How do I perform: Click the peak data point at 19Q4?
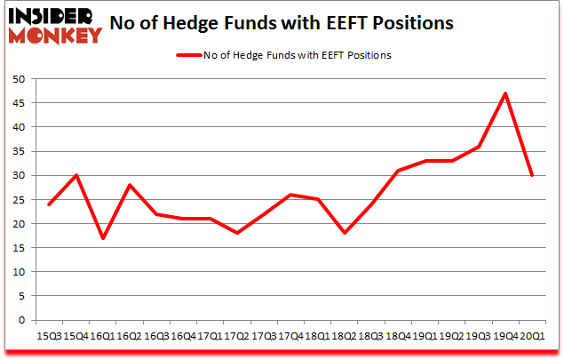[x=505, y=93]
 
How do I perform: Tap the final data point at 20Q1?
[x=532, y=175]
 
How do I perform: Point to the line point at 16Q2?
[x=131, y=185]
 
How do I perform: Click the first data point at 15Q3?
[x=51, y=204]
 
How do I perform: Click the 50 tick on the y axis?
[x=18, y=79]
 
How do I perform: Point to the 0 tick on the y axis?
[x=21, y=320]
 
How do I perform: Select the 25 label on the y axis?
[x=18, y=200]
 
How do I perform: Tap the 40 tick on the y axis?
[x=18, y=127]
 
